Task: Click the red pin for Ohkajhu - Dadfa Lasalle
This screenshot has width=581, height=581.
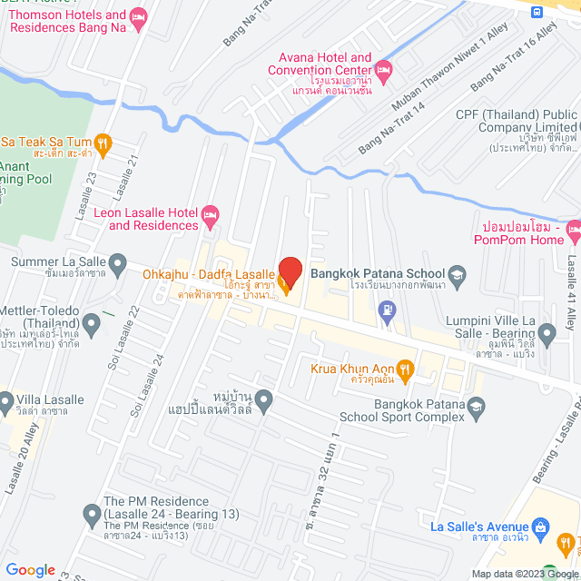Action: coord(290,271)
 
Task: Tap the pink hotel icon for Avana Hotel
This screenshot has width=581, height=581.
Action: coord(383,69)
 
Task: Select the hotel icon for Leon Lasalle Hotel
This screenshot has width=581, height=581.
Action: coord(211,216)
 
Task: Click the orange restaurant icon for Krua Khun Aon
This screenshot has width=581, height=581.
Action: coord(406,369)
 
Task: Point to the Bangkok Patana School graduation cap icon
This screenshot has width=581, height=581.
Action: coord(457,273)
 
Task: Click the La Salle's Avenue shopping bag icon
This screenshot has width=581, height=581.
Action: coord(541,527)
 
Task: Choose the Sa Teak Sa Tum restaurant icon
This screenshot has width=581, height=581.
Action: coord(103,142)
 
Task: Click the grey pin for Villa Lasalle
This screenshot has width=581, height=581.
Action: coord(7,399)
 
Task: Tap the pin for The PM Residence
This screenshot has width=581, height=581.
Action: coord(91,515)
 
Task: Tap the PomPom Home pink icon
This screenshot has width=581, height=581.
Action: coord(574,232)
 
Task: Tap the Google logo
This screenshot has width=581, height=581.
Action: coord(30,569)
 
